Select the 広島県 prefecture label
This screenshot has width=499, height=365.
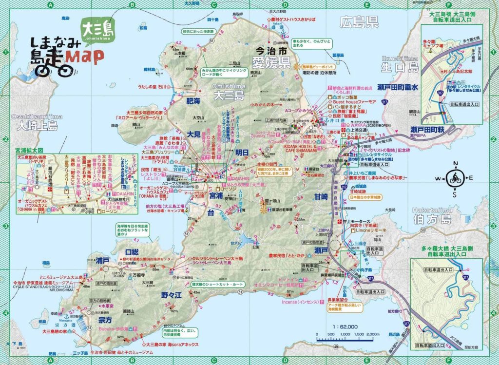(x=360, y=22)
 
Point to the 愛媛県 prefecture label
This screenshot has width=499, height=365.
(x=271, y=61)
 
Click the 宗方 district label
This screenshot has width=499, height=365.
(x=105, y=320)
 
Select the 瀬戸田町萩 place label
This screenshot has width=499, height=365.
(x=426, y=130)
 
